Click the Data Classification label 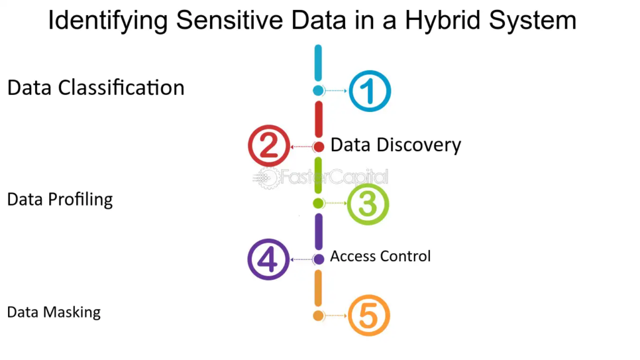(96, 87)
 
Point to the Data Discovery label (396, 145)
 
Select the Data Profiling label (60, 199)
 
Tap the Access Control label (381, 256)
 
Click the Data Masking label (54, 312)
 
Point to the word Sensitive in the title (229, 19)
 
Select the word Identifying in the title (107, 20)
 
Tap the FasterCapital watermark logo (321, 178)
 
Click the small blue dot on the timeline (318, 91)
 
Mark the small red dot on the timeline (319, 146)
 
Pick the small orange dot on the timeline (318, 316)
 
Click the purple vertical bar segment (319, 231)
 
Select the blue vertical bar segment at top (318, 63)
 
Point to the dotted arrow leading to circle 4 (301, 259)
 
